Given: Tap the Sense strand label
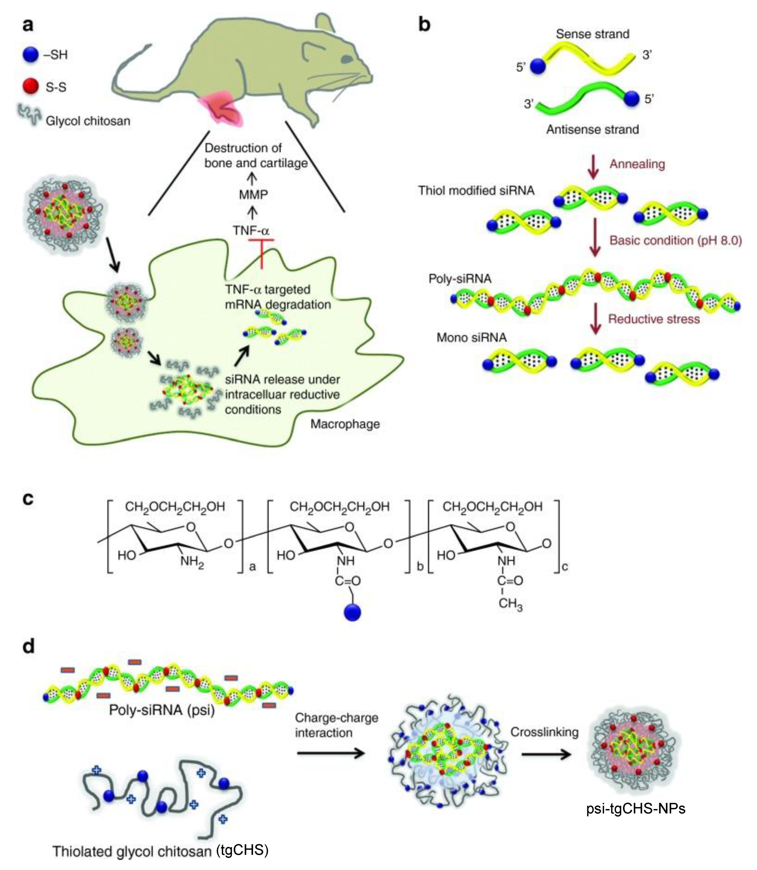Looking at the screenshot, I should (592, 34).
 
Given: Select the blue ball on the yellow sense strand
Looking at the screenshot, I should (537, 66).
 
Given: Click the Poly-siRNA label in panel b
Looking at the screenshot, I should (460, 279).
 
